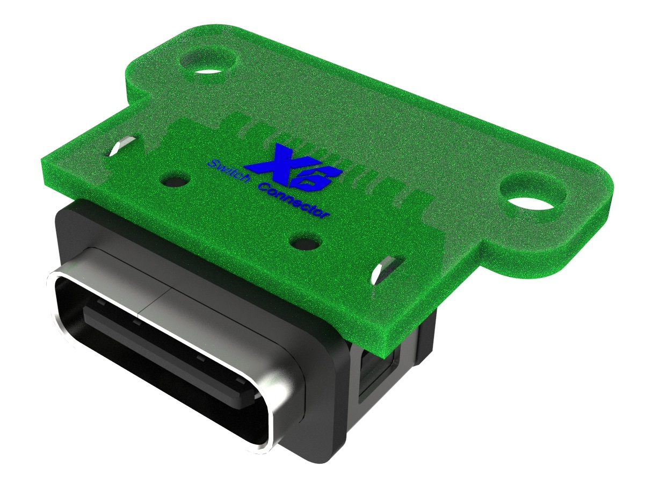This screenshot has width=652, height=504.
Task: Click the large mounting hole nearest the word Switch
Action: (x=209, y=63)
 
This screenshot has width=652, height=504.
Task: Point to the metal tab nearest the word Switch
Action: (x=122, y=146)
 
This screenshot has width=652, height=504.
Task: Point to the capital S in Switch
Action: (x=212, y=163)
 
